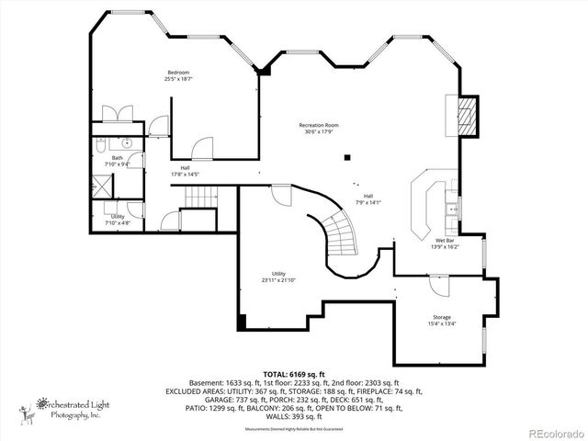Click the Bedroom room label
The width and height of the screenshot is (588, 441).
(x=178, y=73)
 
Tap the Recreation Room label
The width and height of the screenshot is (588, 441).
(x=319, y=125)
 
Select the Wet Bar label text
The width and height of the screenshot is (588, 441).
(x=444, y=241)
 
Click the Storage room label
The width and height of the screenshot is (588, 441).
(x=442, y=318)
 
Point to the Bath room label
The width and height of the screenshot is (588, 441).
(x=118, y=157)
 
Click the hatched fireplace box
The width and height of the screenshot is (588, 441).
(x=469, y=115)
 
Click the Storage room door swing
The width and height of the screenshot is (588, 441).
(x=438, y=287)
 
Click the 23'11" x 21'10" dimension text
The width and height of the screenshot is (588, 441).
(x=279, y=279)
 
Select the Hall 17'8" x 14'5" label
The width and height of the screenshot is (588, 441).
(x=185, y=171)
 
